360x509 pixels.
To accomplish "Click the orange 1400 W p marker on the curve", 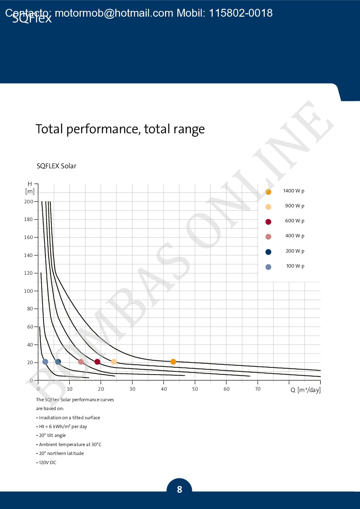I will click(x=173, y=362).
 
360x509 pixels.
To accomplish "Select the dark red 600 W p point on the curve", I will click(x=97, y=362).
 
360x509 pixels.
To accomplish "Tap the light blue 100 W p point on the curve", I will click(x=45, y=362).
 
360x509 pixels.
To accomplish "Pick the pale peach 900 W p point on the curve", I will click(x=114, y=362).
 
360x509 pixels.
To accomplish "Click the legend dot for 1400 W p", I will click(x=268, y=192).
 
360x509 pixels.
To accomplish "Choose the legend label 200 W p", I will click(x=295, y=251).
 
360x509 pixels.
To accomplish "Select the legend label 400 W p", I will click(x=295, y=236).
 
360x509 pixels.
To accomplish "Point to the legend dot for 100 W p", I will click(x=268, y=267).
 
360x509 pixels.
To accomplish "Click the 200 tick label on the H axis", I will click(x=29, y=202).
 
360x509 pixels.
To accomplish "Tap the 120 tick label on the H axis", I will click(x=29, y=273).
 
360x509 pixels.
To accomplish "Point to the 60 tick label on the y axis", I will click(x=30, y=327).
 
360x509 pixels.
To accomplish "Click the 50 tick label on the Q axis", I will click(x=195, y=389).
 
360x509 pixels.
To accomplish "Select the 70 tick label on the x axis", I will click(x=258, y=389).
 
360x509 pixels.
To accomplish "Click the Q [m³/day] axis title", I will click(x=306, y=390).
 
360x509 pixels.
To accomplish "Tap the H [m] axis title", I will click(x=30, y=188).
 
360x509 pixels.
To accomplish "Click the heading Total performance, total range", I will click(x=120, y=129).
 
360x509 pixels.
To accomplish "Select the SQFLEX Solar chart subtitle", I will click(x=56, y=166).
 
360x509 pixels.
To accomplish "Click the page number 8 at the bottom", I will click(x=179, y=489).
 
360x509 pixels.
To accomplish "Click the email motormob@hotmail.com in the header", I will click(x=114, y=13).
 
